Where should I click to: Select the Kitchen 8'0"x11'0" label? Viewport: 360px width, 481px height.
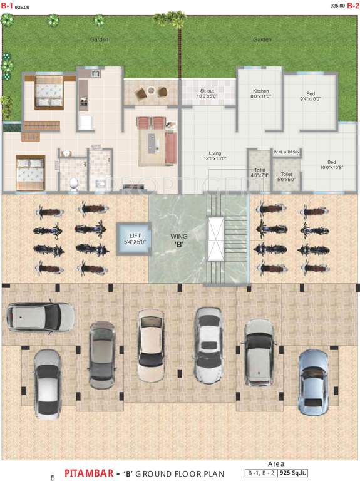coord(261,94)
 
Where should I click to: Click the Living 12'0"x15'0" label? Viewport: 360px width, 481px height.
coord(215,155)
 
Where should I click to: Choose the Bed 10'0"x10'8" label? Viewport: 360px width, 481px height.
coord(332,164)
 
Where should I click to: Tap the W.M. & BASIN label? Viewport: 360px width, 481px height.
coord(286,152)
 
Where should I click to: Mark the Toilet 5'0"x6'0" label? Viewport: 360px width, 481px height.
coord(286,177)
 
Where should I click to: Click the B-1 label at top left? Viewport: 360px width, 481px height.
coord(7,6)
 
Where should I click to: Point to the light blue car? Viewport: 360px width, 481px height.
coord(313,381)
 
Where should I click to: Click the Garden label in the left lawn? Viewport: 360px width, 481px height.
coord(99,39)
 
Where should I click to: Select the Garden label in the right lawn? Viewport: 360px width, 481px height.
coord(262,39)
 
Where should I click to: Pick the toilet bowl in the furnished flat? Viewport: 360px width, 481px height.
coord(74,182)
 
